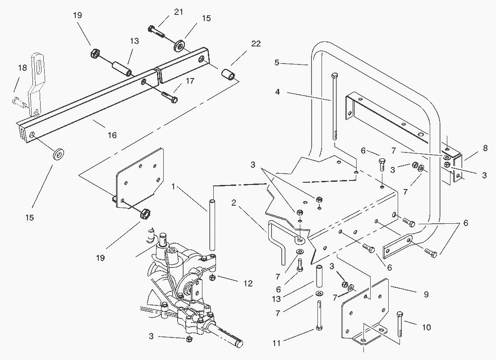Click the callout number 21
pos(179,12)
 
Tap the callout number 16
pos(112,135)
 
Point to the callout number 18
pos(22,68)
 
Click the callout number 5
pos(277,63)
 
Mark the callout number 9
pos(426,295)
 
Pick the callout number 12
pos(247,283)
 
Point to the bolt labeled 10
pos(400,325)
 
